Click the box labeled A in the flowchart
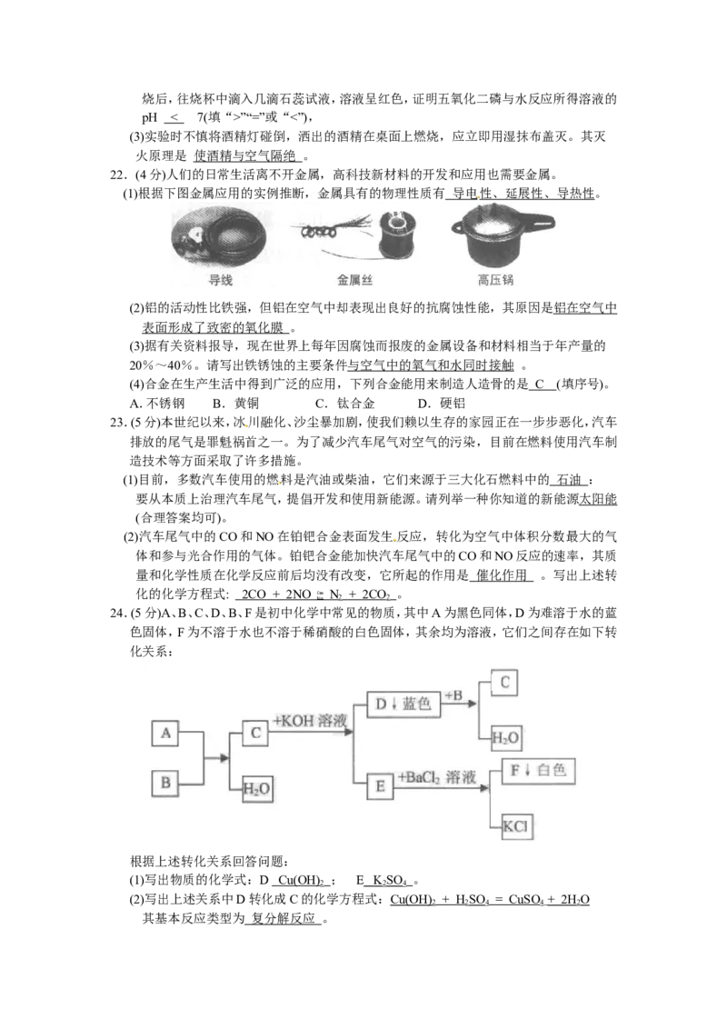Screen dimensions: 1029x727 tap(164, 734)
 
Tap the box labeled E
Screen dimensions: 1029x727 tap(380, 786)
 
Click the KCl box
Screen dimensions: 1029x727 tap(515, 826)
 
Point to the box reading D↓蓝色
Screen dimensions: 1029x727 tap(403, 704)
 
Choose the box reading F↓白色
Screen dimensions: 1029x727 tap(538, 772)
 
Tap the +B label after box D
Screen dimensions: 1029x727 tap(454, 695)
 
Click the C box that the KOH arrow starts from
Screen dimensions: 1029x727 tap(255, 734)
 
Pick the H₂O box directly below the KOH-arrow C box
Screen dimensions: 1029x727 tap(257, 788)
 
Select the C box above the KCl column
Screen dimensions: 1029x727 tap(503, 683)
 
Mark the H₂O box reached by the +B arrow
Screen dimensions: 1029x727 tap(506, 738)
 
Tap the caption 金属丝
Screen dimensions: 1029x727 tap(354, 281)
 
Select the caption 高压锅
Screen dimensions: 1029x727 tap(495, 281)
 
